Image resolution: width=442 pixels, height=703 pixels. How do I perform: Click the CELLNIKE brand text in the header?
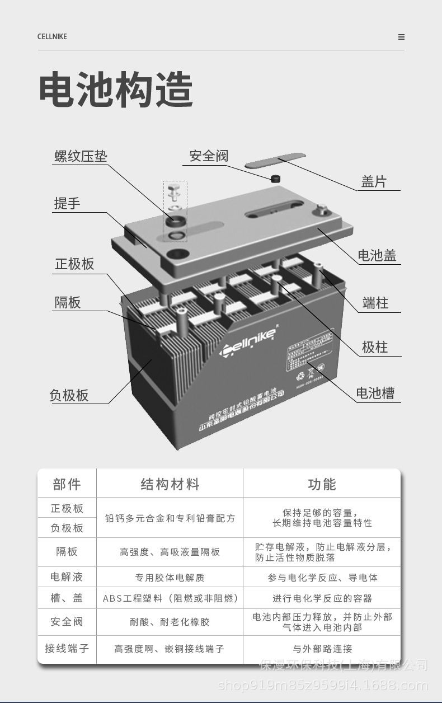pyautogui.click(x=52, y=37)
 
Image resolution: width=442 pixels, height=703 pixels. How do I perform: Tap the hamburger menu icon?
pyautogui.click(x=401, y=37)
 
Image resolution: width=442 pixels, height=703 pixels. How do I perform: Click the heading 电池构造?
pyautogui.click(x=116, y=90)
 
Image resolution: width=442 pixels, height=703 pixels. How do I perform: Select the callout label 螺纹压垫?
pyautogui.click(x=81, y=156)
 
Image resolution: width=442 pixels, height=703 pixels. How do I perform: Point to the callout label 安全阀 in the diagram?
pyautogui.click(x=209, y=156)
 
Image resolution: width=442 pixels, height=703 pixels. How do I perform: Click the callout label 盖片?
pyautogui.click(x=374, y=182)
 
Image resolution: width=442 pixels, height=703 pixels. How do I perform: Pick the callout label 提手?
pyautogui.click(x=67, y=203)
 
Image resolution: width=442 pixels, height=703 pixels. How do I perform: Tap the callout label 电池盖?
pyautogui.click(x=377, y=256)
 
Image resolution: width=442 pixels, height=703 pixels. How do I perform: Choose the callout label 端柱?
pyautogui.click(x=375, y=303)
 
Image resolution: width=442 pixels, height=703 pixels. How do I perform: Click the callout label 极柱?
pyautogui.click(x=375, y=347)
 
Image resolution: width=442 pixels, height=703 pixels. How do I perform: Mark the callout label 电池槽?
pyautogui.click(x=375, y=393)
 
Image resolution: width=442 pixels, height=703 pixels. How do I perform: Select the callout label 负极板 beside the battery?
pyautogui.click(x=69, y=395)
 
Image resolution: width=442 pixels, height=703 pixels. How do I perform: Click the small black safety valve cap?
pyautogui.click(x=275, y=179)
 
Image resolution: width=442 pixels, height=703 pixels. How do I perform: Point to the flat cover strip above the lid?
pyautogui.click(x=276, y=161)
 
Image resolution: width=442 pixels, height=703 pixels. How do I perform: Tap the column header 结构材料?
pyautogui.click(x=170, y=484)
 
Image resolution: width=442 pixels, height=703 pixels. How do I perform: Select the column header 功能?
pyautogui.click(x=322, y=484)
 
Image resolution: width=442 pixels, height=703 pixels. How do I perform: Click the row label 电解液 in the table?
pyautogui.click(x=67, y=577)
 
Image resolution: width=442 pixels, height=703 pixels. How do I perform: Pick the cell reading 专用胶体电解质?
pyautogui.click(x=170, y=577)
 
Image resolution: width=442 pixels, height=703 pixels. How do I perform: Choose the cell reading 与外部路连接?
pyautogui.click(x=322, y=649)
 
